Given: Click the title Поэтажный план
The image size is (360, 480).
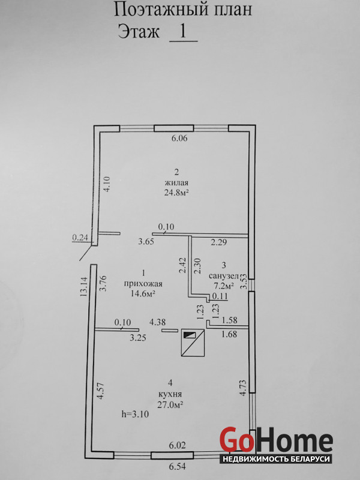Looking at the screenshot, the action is pyautogui.click(x=183, y=9).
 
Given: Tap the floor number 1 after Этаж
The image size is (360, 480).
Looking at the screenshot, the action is pyautogui.click(x=183, y=31).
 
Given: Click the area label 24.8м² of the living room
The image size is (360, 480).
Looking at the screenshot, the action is pyautogui.click(x=176, y=193).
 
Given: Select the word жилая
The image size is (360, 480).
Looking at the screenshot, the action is pyautogui.click(x=176, y=183).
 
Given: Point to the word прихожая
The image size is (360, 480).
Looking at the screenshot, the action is pyautogui.click(x=143, y=284).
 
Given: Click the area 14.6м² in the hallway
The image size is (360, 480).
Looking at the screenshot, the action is pyautogui.click(x=143, y=294).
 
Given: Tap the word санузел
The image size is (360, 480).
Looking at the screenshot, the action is pyautogui.click(x=223, y=276).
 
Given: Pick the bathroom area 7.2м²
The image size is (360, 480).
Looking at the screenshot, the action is pyautogui.click(x=224, y=286).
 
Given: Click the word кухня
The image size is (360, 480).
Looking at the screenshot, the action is pyautogui.click(x=171, y=394).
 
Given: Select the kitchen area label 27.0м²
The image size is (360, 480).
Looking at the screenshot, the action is pyautogui.click(x=170, y=404).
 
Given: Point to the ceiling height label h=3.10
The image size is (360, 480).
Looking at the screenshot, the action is pyautogui.click(x=135, y=415).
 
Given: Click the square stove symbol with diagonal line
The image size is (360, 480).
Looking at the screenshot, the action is pyautogui.click(x=193, y=343).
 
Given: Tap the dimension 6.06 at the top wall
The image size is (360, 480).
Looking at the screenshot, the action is pyautogui.click(x=179, y=139).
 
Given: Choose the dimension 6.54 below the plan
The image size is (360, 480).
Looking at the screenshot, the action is pyautogui.click(x=177, y=467).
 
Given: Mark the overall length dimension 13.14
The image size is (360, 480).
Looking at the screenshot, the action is pyautogui.click(x=83, y=286).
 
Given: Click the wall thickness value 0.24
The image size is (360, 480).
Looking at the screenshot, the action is pyautogui.click(x=80, y=237).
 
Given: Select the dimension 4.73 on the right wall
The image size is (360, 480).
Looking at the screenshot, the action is pyautogui.click(x=243, y=388).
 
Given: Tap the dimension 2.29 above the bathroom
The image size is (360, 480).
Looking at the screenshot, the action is pyautogui.click(x=218, y=242).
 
